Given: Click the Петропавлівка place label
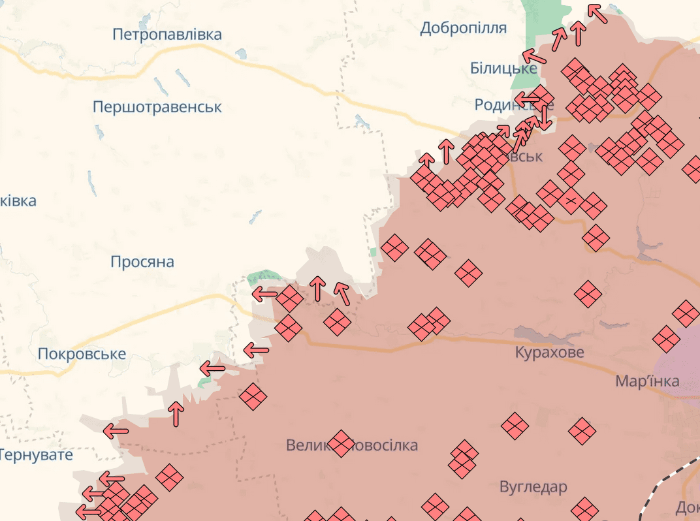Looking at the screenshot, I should pos(167,35).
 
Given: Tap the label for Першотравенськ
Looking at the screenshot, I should pos(157,106).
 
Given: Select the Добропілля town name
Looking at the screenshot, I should pos(464,28).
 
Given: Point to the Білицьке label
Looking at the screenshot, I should pos(503,69).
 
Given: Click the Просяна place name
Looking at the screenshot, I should pos(142,262).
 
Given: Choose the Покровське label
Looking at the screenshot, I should pos(82,354).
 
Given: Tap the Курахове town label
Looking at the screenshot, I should pos(549,353).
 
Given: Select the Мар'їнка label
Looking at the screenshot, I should pos(647,381).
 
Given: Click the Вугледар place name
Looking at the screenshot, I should pos(533,487).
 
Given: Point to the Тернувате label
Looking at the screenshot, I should pos(37,454).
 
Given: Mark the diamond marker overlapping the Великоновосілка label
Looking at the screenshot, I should pos(341,444).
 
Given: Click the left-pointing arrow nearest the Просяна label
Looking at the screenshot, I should pos(264,294).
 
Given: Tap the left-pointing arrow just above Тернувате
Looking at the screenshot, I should pos(116,430).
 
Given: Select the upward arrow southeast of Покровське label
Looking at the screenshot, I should pos(176,414).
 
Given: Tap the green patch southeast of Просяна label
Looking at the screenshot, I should pos(263,277).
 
